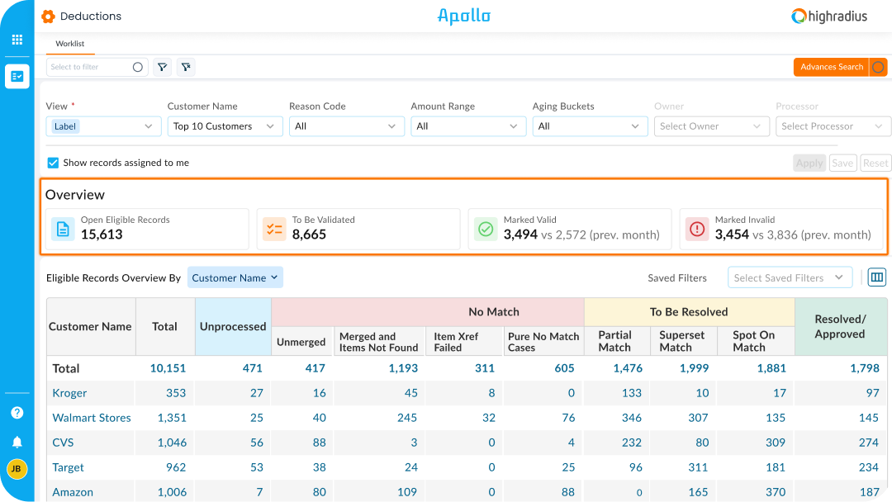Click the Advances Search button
(831, 67)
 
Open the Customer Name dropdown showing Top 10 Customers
(224, 126)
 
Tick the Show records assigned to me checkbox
(53, 163)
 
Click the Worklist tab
(69, 44)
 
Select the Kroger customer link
(69, 393)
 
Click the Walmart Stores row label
(92, 418)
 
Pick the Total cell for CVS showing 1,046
(172, 443)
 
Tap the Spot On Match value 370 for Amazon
(775, 492)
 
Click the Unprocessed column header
(233, 326)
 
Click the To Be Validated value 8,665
(309, 234)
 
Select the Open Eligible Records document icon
(63, 229)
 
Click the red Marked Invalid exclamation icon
(697, 229)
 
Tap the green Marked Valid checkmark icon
(486, 229)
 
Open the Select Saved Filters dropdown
(790, 277)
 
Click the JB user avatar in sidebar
(17, 468)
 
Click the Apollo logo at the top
(463, 16)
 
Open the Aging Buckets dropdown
(589, 126)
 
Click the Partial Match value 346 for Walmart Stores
(631, 418)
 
